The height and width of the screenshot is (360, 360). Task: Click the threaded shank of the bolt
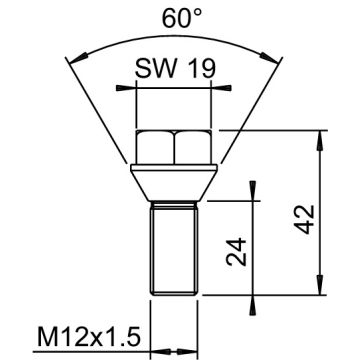point(174,250)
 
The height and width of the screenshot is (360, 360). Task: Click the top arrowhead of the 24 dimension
point(256,203)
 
